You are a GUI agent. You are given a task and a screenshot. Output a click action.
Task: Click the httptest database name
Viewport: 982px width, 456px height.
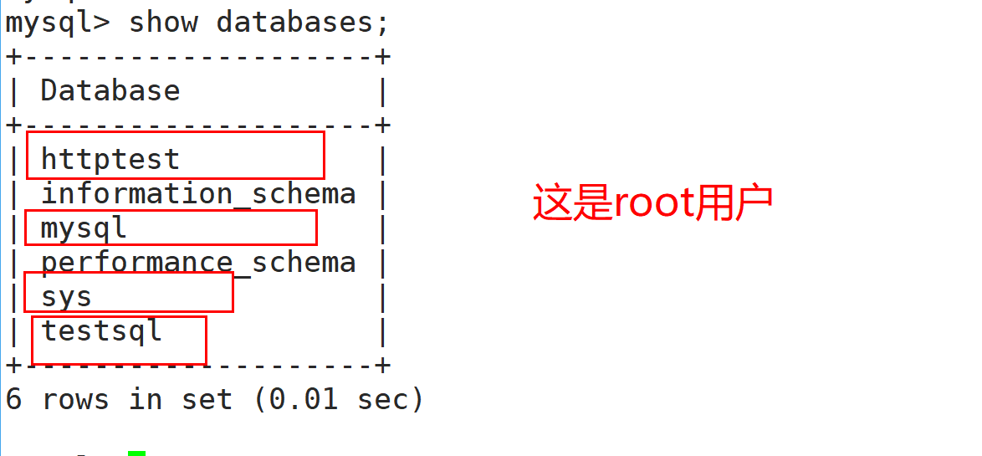pyautogui.click(x=110, y=159)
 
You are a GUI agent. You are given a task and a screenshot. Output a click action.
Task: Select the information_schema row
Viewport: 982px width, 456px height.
pyautogui.click(x=198, y=194)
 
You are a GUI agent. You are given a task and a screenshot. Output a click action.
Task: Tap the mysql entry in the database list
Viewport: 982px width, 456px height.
pyautogui.click(x=84, y=228)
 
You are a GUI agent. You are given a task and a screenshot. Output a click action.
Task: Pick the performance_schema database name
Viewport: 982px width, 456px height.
pyautogui.click(x=198, y=263)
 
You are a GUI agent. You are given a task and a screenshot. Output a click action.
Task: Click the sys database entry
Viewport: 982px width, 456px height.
pyautogui.click(x=66, y=296)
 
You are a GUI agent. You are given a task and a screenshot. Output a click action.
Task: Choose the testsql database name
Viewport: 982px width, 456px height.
pyautogui.click(x=101, y=330)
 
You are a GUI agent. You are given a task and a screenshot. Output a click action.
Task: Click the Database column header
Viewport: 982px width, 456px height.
pyautogui.click(x=110, y=90)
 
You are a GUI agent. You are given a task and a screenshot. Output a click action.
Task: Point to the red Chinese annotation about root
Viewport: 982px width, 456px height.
pyautogui.click(x=652, y=203)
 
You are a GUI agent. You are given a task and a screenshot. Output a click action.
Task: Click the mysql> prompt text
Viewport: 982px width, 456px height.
pyautogui.click(x=57, y=22)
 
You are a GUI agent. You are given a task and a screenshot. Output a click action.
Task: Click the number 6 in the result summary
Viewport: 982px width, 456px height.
pyautogui.click(x=13, y=399)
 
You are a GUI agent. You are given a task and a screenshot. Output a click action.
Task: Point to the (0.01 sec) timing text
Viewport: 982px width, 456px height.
pyautogui.click(x=338, y=399)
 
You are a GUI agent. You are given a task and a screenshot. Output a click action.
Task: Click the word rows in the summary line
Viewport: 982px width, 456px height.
pyautogui.click(x=75, y=399)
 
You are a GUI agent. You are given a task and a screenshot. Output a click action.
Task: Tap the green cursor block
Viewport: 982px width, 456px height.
pyautogui.click(x=136, y=453)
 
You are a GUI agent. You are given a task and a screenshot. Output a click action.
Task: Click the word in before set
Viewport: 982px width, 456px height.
pyautogui.click(x=146, y=399)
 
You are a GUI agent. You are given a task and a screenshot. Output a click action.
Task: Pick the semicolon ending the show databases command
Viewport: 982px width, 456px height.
pyautogui.click(x=382, y=23)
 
